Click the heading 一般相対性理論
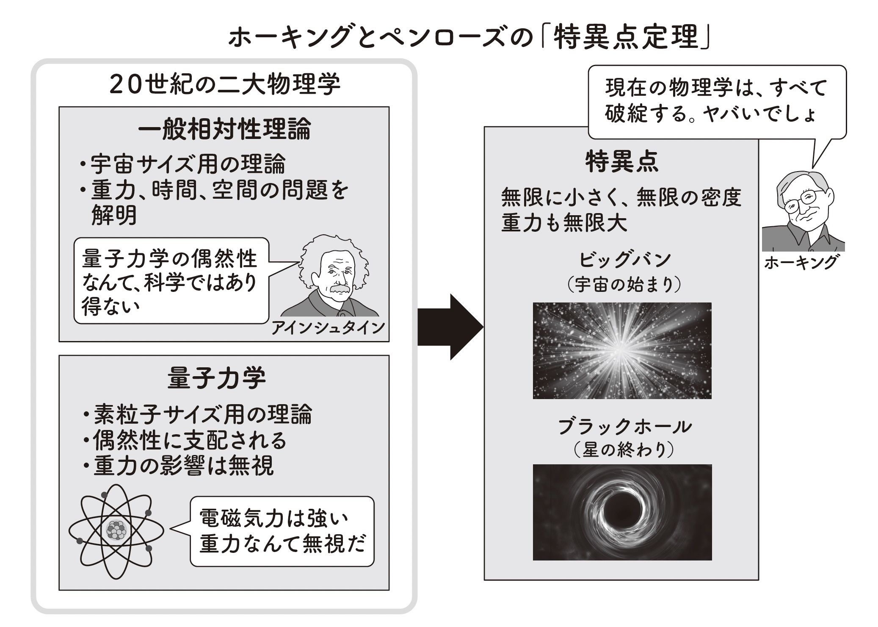point(224,129)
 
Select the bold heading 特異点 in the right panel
point(621,162)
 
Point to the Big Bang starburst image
point(622,350)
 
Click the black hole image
point(622,512)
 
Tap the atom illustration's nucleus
point(116,530)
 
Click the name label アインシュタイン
point(328,327)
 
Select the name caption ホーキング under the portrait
point(801,263)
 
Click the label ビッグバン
point(624,260)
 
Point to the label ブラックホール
point(624,426)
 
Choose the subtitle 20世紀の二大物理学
point(225,85)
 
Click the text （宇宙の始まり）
point(624,285)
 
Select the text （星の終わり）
point(624,450)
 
